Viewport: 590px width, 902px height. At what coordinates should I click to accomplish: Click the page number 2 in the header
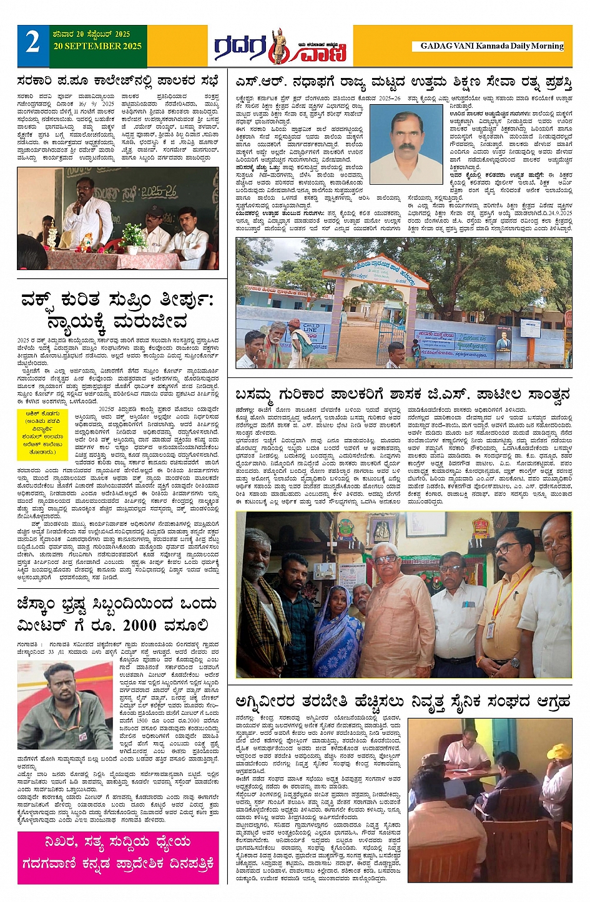tap(32, 42)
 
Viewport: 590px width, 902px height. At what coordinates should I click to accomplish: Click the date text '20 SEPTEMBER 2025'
tap(97, 46)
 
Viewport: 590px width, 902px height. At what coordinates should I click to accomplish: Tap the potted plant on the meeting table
tap(132, 236)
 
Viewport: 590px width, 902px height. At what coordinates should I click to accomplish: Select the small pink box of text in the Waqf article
tap(46, 425)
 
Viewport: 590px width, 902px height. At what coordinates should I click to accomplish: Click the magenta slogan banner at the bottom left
tap(118, 853)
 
